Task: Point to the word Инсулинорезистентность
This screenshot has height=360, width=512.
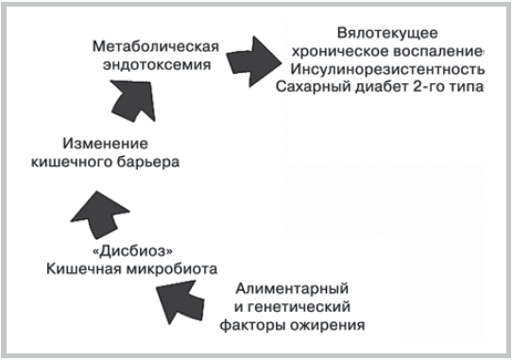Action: pos(388,70)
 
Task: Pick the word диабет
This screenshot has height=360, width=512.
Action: pos(387,90)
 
